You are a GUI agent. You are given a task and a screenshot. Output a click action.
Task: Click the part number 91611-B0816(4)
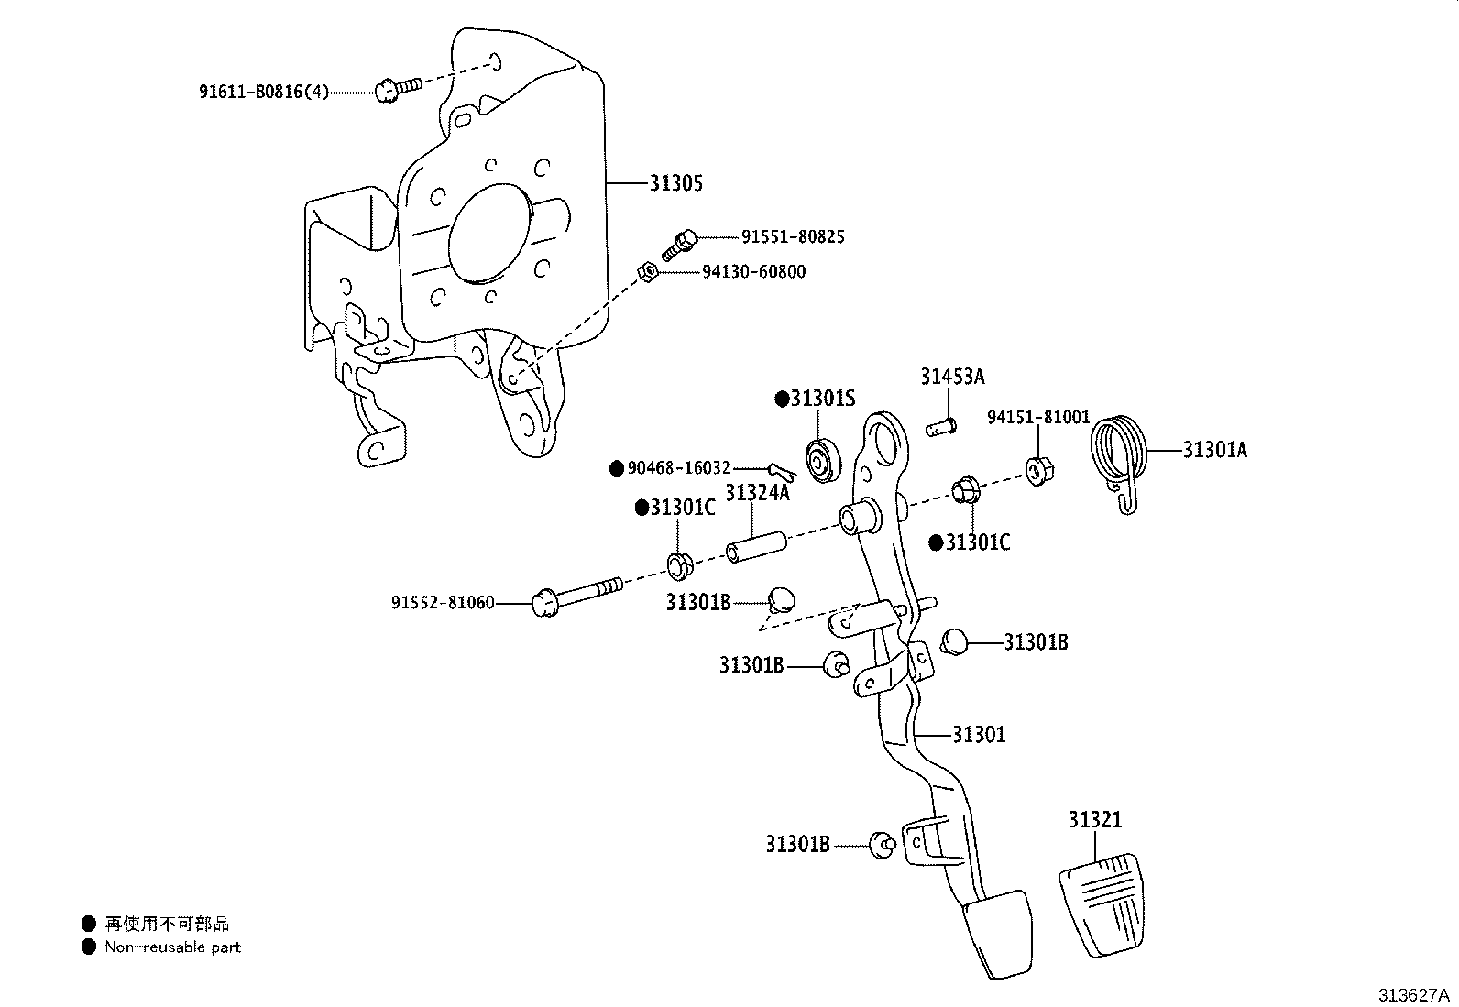click(x=264, y=92)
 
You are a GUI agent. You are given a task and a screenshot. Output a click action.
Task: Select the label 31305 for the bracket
click(x=676, y=183)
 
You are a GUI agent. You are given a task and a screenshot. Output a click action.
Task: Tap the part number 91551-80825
click(x=793, y=236)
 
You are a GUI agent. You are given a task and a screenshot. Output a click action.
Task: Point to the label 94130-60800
click(x=753, y=271)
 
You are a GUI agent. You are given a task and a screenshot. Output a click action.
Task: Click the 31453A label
click(x=952, y=376)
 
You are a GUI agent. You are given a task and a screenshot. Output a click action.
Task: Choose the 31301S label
click(x=823, y=398)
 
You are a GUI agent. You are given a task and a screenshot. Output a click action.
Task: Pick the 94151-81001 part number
click(x=1038, y=417)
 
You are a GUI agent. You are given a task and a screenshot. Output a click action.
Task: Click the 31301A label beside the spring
click(x=1214, y=449)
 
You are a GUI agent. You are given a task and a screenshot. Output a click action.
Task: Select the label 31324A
click(x=758, y=492)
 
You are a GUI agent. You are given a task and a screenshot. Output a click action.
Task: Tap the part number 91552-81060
click(x=443, y=603)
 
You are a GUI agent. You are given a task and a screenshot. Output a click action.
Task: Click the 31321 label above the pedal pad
click(x=1095, y=819)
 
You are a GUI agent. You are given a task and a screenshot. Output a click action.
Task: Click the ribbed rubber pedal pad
click(x=1102, y=904)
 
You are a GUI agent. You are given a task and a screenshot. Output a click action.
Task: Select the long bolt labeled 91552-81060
click(x=577, y=594)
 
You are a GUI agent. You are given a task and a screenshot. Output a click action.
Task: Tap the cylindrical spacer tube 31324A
click(x=756, y=547)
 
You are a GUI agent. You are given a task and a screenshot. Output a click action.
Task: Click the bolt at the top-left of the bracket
click(x=399, y=89)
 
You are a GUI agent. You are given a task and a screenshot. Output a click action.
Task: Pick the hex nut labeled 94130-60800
click(x=647, y=271)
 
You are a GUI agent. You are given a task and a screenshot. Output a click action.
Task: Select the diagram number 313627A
click(x=1413, y=995)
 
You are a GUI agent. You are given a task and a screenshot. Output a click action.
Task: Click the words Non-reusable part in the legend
click(x=172, y=947)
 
